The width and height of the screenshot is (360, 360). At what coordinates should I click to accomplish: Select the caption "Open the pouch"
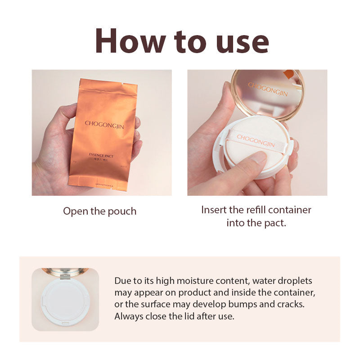[99, 211]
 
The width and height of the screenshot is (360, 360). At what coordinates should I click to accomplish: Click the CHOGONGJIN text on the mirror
[268, 90]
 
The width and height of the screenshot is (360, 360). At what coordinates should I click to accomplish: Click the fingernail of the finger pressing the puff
[258, 157]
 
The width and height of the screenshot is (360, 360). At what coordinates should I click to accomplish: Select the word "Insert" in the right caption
[215, 210]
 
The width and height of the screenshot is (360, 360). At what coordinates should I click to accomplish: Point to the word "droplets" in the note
[293, 281]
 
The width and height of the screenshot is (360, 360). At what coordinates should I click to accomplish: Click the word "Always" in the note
[128, 316]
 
